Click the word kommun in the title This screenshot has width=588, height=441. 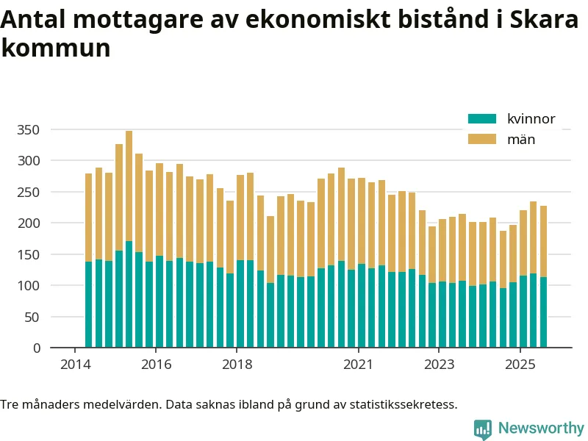(56, 49)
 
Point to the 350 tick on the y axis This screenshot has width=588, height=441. (30, 130)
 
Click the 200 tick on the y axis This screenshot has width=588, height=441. (30, 223)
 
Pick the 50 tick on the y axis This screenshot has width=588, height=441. (33, 318)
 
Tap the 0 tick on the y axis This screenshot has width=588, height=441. (37, 348)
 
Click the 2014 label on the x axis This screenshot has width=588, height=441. (74, 365)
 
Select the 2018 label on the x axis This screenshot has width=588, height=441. (237, 365)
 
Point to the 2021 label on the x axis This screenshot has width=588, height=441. (358, 365)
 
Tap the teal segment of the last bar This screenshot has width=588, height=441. (543, 312)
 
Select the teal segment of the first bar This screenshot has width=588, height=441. (88, 305)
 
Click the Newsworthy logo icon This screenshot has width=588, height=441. (482, 429)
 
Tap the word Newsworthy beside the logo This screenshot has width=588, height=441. (541, 429)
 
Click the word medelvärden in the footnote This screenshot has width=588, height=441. (110, 404)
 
